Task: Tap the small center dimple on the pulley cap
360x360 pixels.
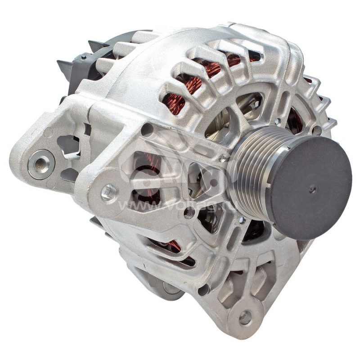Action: pyautogui.click(x=312, y=189)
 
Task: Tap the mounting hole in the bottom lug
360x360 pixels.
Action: pyautogui.click(x=245, y=317)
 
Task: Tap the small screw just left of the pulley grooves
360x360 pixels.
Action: pyautogui.click(x=222, y=158)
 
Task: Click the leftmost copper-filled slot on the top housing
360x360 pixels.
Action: pyautogui.click(x=173, y=103)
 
